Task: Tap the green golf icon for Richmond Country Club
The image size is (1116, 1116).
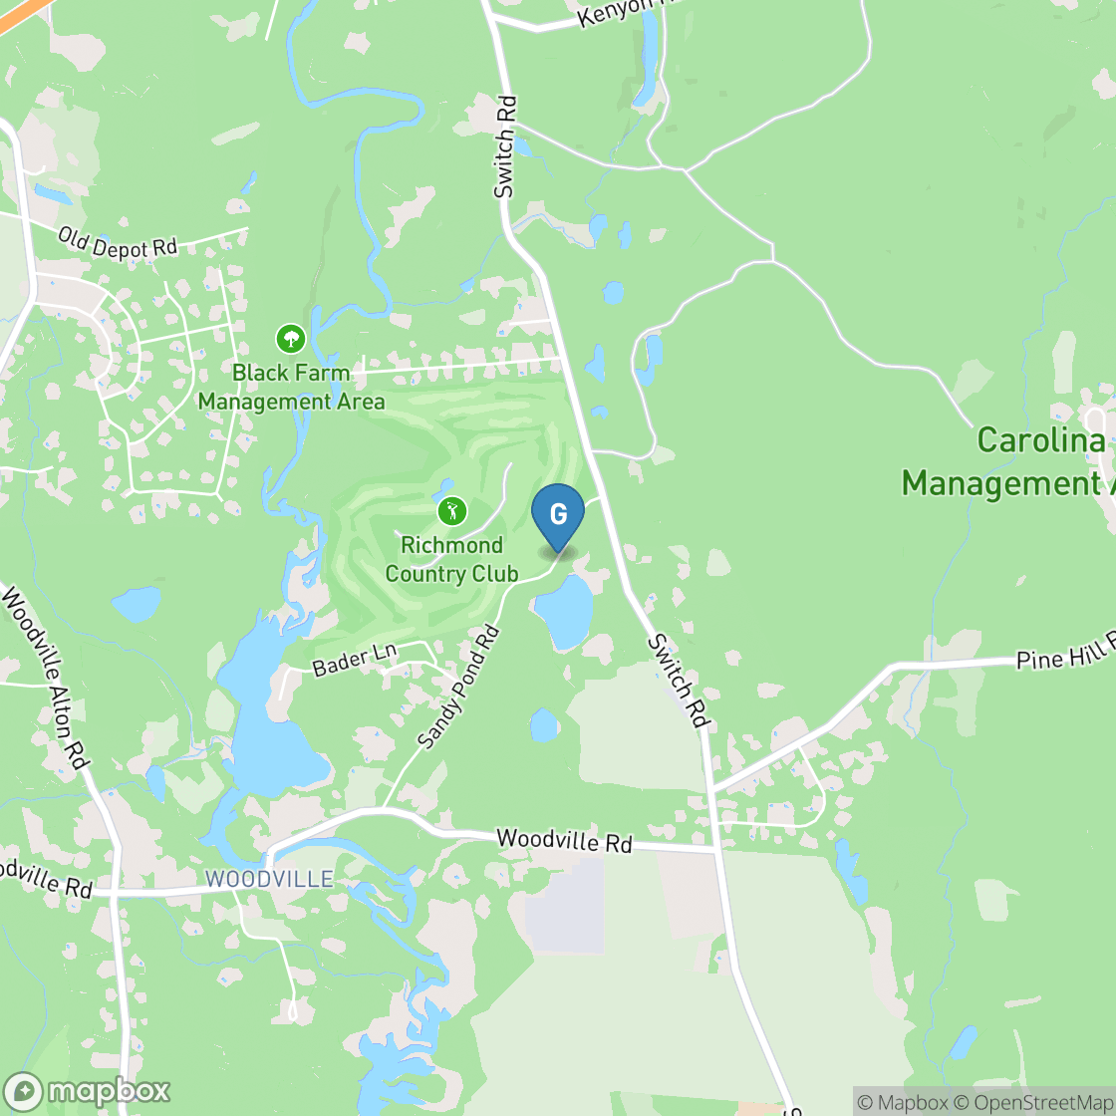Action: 452,512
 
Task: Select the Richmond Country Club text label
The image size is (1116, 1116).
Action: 451,560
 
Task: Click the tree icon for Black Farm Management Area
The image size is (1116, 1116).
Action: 291,339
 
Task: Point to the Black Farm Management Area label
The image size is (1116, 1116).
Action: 291,388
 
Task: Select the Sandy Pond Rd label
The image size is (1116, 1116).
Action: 457,688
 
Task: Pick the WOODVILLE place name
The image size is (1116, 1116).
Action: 269,880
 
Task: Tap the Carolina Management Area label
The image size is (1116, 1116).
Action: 1006,462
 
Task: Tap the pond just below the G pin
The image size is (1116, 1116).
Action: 564,609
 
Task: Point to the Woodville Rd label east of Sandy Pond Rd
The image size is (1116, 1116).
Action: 564,841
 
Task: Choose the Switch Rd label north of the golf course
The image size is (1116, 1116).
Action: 507,145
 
